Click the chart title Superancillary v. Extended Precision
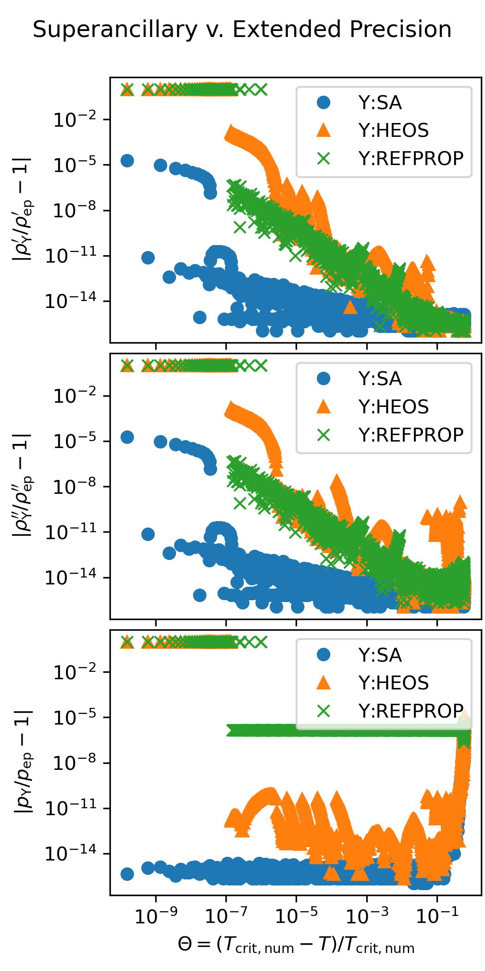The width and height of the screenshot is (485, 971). [x=242, y=30]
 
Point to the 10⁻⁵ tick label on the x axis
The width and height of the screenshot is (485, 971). [x=296, y=916]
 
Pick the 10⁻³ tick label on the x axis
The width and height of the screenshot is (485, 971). [x=367, y=916]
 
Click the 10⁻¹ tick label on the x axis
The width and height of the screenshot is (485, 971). [x=437, y=916]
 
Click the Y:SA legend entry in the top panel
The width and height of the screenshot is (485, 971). [x=380, y=103]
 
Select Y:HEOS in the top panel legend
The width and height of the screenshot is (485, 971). [x=393, y=130]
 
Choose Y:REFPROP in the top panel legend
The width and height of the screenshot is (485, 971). [x=411, y=159]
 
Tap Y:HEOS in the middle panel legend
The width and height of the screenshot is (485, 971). [x=393, y=407]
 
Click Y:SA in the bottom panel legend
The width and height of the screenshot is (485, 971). [x=380, y=655]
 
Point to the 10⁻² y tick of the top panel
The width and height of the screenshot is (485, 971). [x=75, y=120]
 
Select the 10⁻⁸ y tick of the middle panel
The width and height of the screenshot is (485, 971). [x=75, y=486]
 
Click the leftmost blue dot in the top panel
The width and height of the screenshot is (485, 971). [x=127, y=160]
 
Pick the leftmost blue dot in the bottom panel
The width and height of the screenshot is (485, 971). [x=127, y=874]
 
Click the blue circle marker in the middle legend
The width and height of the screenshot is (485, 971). [x=324, y=379]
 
